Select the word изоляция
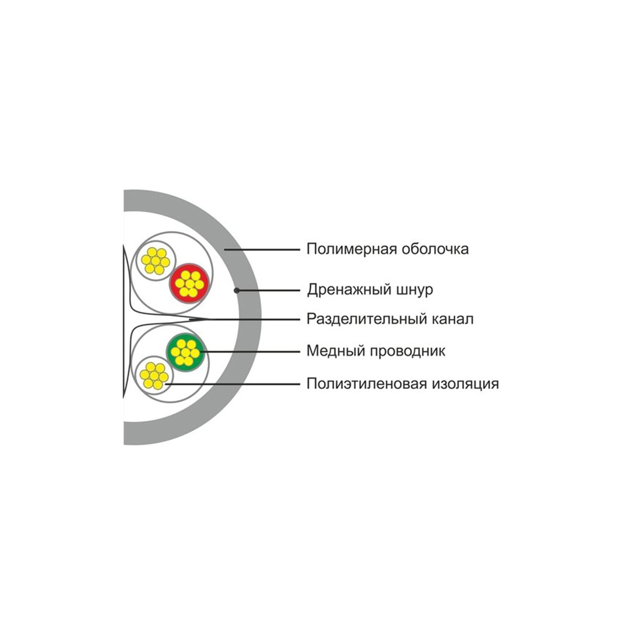tap(465, 384)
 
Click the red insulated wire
tap(189, 284)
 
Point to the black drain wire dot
tap(237, 291)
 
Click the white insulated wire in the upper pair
tap(155, 261)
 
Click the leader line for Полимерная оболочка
tap(262, 250)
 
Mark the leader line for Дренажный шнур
tap(269, 291)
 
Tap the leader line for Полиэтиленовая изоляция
tap(233, 384)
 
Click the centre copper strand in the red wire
tap(189, 284)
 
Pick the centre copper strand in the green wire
tap(185, 352)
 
